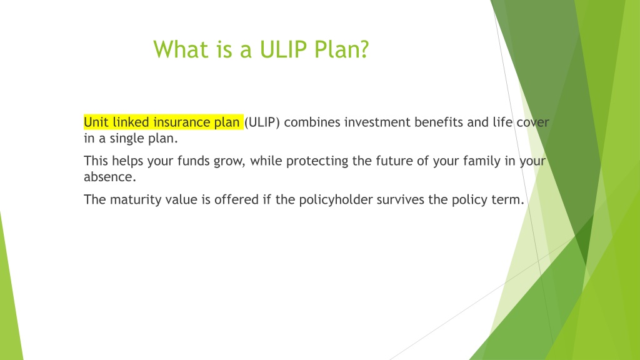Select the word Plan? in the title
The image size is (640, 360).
[342, 50]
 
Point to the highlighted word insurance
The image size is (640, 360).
[182, 122]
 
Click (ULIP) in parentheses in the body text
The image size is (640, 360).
[262, 122]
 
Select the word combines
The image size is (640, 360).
[312, 122]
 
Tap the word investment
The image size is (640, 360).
[377, 122]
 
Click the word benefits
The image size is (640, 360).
[439, 122]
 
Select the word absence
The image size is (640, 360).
[110, 177]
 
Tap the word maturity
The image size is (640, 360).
[136, 200]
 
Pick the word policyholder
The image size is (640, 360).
[336, 200]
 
